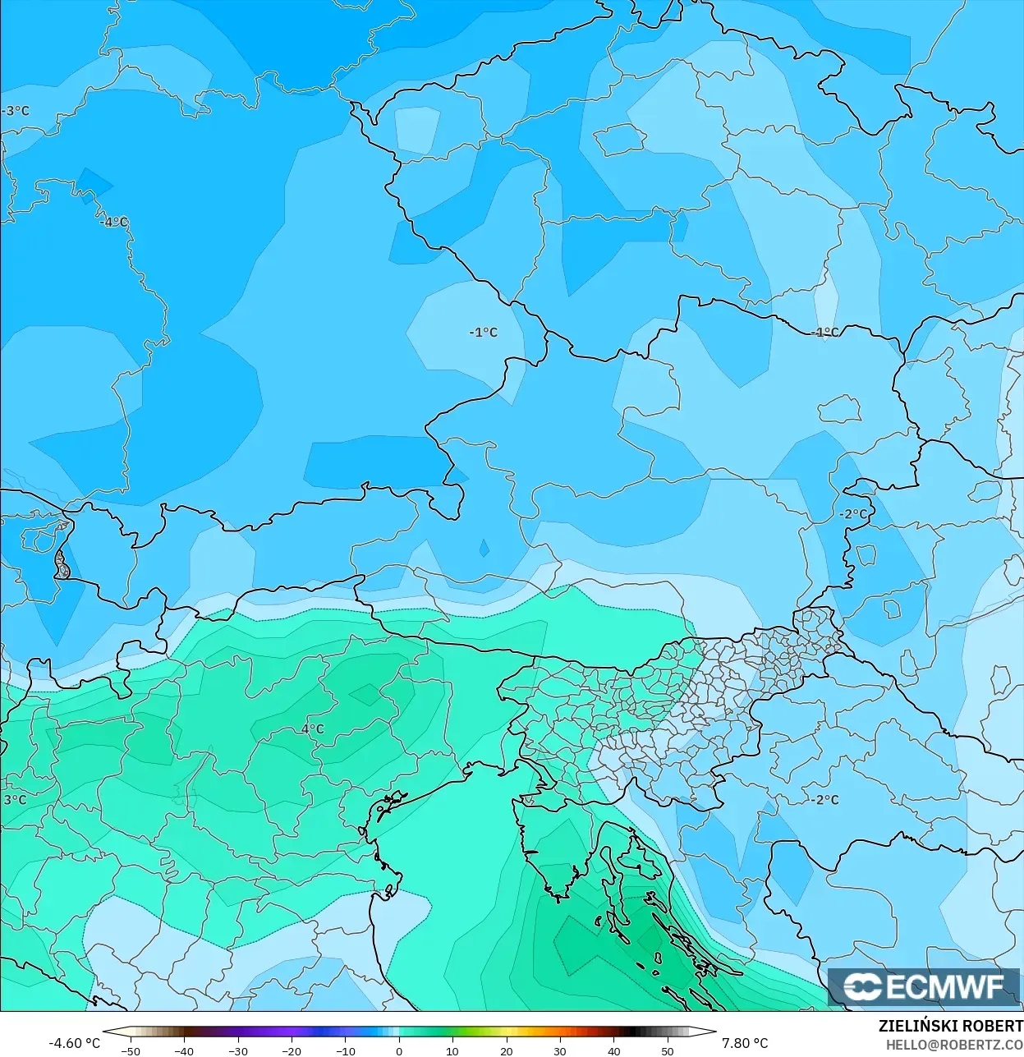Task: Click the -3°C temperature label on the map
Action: tap(16, 111)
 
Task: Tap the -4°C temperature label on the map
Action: tap(114, 222)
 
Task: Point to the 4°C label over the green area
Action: tap(313, 728)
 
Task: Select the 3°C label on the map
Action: tap(15, 799)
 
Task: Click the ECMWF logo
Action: tap(924, 986)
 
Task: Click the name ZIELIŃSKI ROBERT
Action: tap(950, 1027)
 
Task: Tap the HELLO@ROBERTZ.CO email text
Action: tap(954, 1045)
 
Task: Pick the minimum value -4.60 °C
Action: tap(74, 1043)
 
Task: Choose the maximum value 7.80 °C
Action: tap(745, 1043)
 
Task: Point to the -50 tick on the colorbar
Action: tap(131, 1050)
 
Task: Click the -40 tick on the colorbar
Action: tap(184, 1050)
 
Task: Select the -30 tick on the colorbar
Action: tap(238, 1050)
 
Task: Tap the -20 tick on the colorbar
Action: tap(292, 1050)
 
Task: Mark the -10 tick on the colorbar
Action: tap(346, 1050)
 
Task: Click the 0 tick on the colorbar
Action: tap(399, 1050)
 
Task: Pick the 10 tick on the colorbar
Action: tap(452, 1050)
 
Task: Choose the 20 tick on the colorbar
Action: tap(507, 1050)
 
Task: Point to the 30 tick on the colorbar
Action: tap(560, 1050)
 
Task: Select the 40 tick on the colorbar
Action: tap(613, 1050)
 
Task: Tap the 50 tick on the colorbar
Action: tap(668, 1050)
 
